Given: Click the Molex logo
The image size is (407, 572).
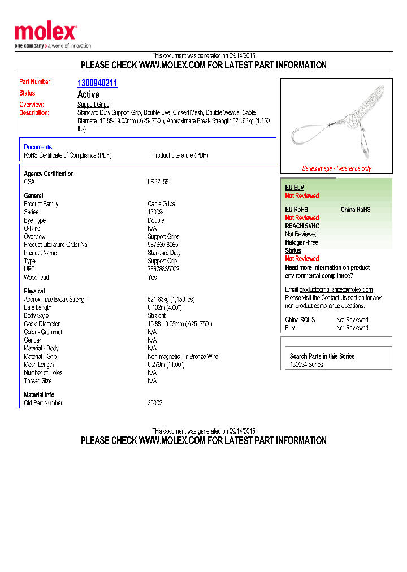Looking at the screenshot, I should [x=45, y=33].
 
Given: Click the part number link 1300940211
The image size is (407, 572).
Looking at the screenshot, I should [x=97, y=83].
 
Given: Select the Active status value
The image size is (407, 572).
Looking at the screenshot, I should [x=88, y=94].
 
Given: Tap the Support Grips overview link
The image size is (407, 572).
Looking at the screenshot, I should [x=93, y=105].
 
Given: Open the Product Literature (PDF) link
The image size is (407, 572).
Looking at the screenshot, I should [x=180, y=155].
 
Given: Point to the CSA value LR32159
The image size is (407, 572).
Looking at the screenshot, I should [x=158, y=182].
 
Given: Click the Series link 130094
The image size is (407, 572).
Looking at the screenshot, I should [x=157, y=212].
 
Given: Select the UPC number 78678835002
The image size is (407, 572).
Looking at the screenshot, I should [x=163, y=269].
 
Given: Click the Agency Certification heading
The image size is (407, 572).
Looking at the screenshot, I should [x=49, y=174].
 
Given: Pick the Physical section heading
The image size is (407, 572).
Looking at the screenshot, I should [x=34, y=291].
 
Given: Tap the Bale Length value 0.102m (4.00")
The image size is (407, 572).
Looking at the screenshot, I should [x=164, y=307].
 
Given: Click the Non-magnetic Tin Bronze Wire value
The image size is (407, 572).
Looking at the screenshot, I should [x=183, y=357].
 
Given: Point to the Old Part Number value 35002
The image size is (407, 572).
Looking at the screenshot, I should [x=155, y=403].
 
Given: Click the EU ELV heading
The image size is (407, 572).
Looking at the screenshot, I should [x=295, y=187].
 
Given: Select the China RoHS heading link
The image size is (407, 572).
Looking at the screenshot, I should [x=356, y=210].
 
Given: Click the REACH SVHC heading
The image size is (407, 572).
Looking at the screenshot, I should [x=302, y=226].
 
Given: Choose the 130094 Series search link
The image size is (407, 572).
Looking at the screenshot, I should [x=306, y=365].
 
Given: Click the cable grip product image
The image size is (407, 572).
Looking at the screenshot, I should [x=336, y=122].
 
